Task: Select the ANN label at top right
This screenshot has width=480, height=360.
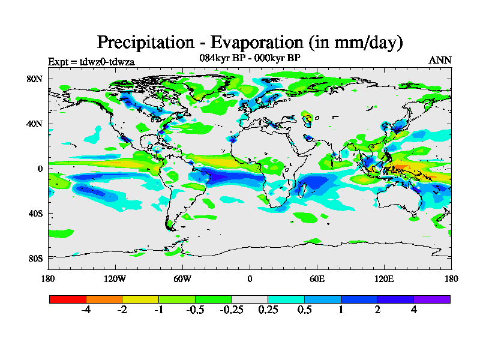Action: coord(440,60)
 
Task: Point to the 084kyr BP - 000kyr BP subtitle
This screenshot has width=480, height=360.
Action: coord(250,58)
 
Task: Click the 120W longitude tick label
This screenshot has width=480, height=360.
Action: coord(115,278)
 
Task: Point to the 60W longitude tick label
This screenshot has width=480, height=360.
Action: coord(182,278)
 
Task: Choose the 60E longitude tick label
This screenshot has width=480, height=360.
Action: coord(317,278)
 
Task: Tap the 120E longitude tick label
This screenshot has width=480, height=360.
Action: coord(384,278)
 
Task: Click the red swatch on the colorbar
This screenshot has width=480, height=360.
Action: coord(67,299)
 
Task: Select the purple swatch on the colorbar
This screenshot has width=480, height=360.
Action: coord(432,299)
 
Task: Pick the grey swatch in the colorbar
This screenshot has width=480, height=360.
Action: coord(250,299)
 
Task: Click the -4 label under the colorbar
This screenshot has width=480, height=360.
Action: coord(86,310)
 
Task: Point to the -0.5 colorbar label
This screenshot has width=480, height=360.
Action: coord(195,310)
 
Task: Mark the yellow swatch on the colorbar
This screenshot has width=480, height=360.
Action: coord(140,299)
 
